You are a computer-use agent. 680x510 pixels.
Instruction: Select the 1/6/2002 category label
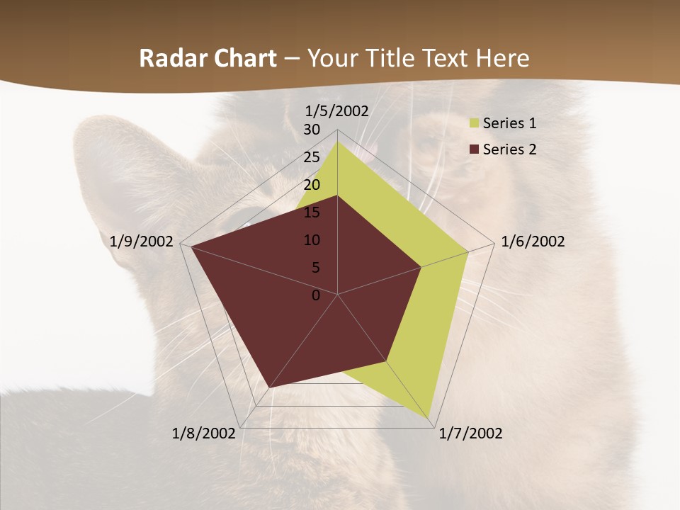[533, 242]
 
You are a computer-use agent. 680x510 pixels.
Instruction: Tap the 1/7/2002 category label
[471, 433]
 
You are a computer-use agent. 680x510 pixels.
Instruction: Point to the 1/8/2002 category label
[204, 433]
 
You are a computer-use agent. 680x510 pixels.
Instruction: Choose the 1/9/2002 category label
[142, 242]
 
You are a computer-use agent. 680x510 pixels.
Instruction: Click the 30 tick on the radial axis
[312, 130]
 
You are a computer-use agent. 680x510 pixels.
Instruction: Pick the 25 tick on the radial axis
[312, 157]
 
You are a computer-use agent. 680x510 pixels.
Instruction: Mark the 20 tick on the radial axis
[312, 185]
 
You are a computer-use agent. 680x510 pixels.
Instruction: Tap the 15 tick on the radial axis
[312, 212]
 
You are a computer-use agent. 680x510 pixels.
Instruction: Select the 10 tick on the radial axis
[312, 240]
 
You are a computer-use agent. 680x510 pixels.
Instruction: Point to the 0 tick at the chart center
[316, 295]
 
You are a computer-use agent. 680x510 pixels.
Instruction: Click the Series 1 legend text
[509, 123]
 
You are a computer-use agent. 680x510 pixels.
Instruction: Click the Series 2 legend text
[509, 149]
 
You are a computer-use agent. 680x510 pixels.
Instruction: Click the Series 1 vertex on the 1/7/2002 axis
[429, 418]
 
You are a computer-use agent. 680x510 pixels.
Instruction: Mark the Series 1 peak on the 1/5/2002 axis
[338, 141]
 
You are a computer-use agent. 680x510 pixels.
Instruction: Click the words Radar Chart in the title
[208, 59]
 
